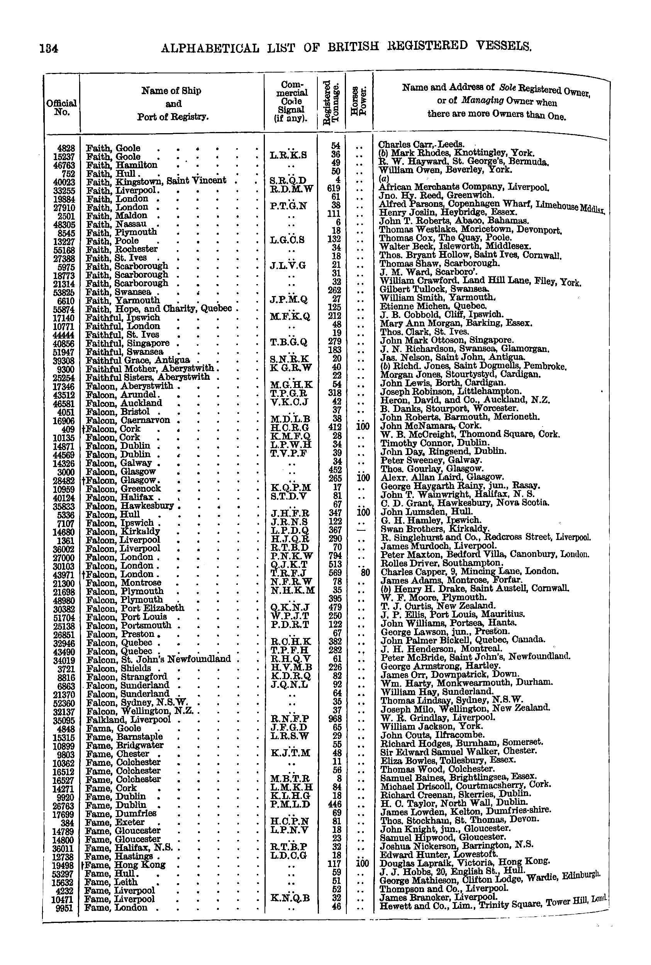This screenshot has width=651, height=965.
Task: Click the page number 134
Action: (49, 49)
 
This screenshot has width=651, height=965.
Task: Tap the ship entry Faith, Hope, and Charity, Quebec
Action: (159, 309)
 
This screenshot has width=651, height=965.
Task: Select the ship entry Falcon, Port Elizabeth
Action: (134, 608)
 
